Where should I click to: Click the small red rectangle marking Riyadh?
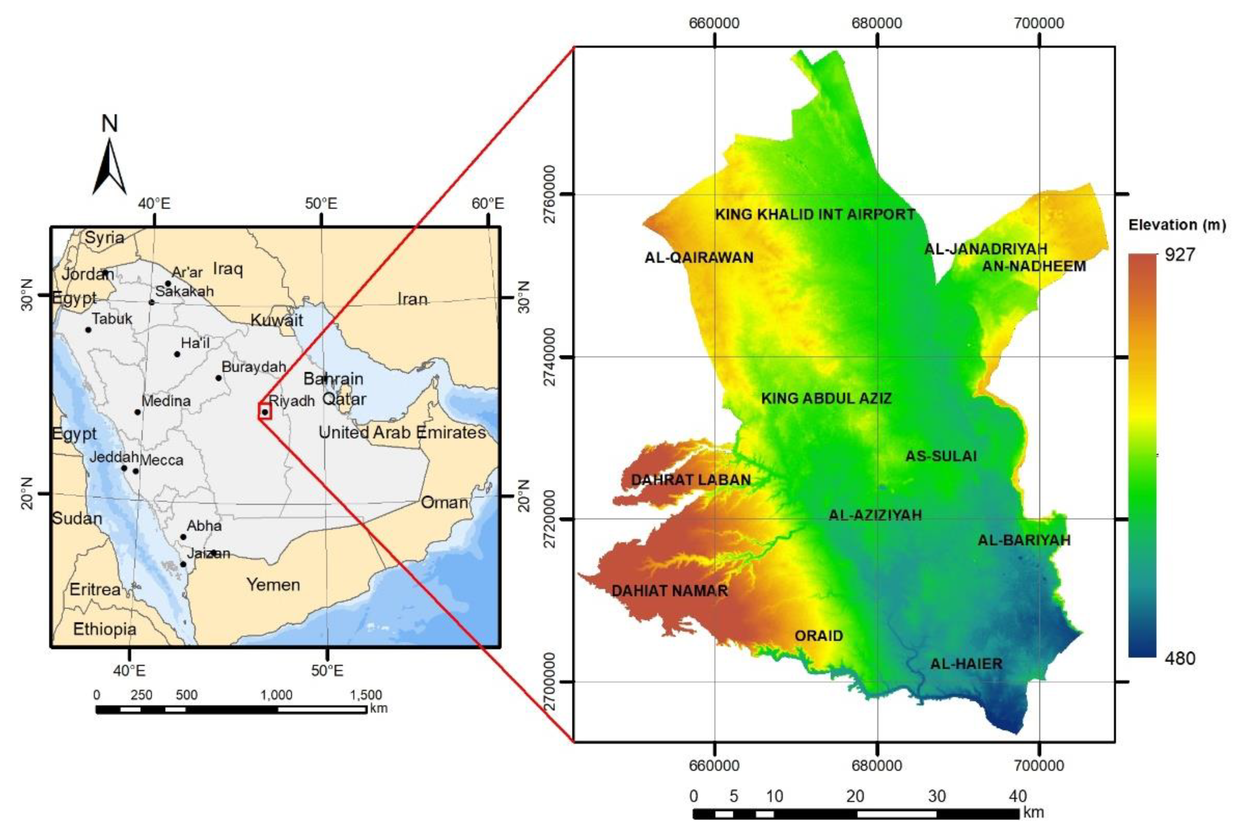[x=265, y=411]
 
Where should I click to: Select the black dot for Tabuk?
[x=88, y=330]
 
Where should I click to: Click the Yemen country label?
[x=273, y=584]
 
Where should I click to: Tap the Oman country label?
[x=444, y=502]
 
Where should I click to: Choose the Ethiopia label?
[x=105, y=629]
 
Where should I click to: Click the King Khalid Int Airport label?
[x=815, y=214]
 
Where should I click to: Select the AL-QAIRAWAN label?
[x=699, y=257]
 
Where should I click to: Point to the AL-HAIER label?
[x=966, y=664]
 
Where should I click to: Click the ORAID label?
[x=818, y=635]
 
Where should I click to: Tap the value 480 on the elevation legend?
[x=1180, y=658]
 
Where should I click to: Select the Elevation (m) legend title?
[x=1177, y=225]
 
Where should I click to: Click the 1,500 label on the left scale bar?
[x=365, y=695]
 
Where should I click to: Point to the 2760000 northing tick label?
[x=552, y=194]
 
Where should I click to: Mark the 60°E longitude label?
[x=487, y=204]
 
